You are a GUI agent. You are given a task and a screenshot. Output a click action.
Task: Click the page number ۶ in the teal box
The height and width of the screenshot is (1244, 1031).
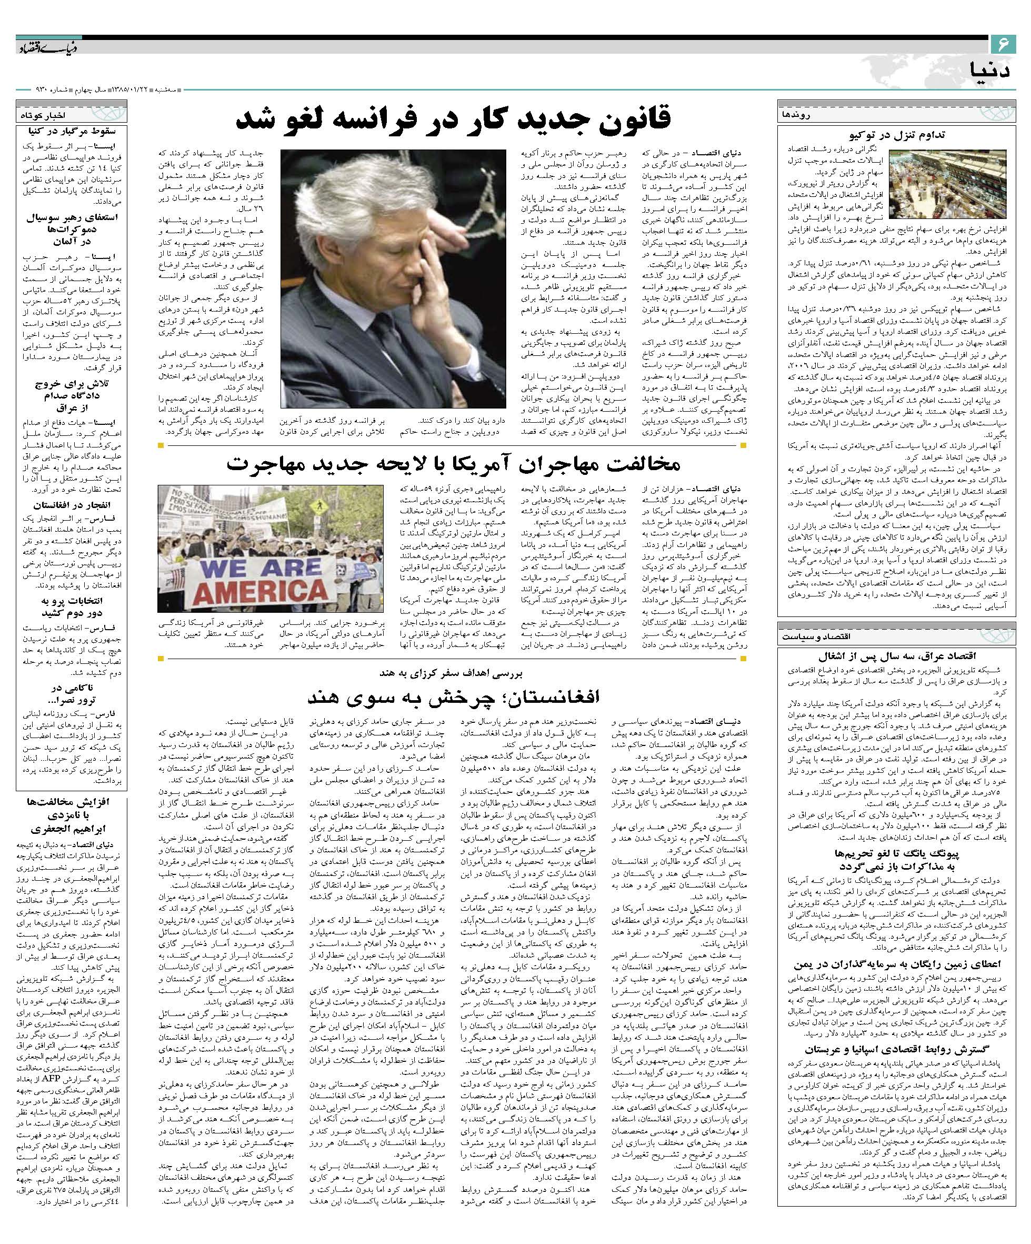1003,44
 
